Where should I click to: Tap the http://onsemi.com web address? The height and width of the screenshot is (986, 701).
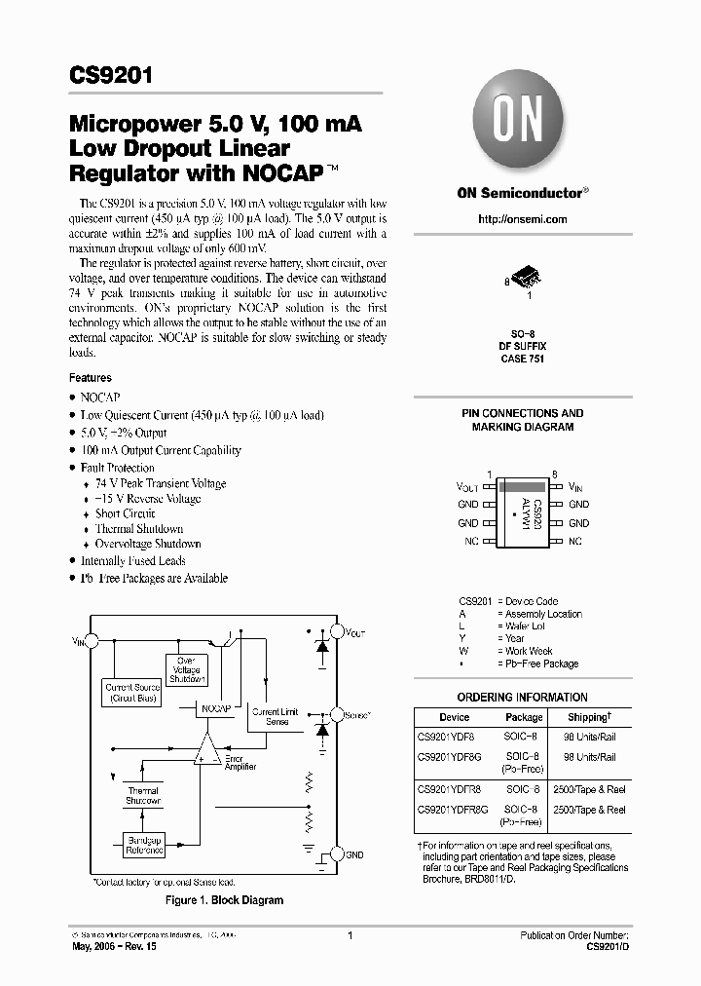pyautogui.click(x=522, y=219)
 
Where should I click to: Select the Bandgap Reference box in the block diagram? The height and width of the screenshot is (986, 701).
pyautogui.click(x=145, y=843)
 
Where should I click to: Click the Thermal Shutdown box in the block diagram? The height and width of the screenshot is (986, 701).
pyautogui.click(x=143, y=795)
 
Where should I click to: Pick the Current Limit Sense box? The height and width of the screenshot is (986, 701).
pyautogui.click(x=277, y=717)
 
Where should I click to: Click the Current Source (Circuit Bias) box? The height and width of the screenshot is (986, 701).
pyautogui.click(x=132, y=693)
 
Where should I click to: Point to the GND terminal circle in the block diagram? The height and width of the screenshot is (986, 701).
pyautogui.click(x=337, y=853)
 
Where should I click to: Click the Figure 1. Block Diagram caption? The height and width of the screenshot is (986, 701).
pyautogui.click(x=225, y=900)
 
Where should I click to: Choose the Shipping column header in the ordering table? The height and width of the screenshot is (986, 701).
pyautogui.click(x=588, y=717)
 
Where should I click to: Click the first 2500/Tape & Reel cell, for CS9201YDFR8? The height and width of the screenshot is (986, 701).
pyautogui.click(x=588, y=791)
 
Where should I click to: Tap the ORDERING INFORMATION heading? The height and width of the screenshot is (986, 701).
pyautogui.click(x=522, y=697)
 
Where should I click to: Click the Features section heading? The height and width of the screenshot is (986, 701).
pyautogui.click(x=90, y=378)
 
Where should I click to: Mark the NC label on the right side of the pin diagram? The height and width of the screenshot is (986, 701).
pyautogui.click(x=575, y=540)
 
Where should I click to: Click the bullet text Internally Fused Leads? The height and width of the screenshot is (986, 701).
pyautogui.click(x=132, y=561)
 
